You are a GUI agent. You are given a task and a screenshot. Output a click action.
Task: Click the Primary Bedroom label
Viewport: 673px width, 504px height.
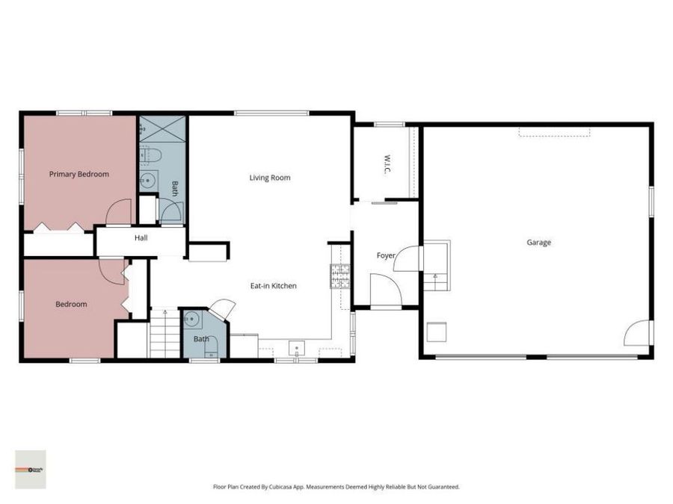tap(79, 174)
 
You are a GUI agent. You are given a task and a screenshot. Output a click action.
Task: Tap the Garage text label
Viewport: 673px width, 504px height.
tap(538, 242)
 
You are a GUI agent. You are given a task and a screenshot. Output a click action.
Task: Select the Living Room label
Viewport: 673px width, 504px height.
tap(269, 178)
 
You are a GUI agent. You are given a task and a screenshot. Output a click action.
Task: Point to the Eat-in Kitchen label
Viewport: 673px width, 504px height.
tap(273, 286)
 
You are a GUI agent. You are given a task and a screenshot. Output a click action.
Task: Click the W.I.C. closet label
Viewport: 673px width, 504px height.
tap(387, 165)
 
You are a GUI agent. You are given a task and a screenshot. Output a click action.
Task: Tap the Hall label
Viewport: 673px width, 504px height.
tap(141, 238)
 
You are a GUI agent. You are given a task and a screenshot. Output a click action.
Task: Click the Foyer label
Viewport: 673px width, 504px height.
tap(385, 255)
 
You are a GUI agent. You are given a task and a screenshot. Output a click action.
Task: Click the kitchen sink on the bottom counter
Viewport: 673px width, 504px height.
tap(297, 349)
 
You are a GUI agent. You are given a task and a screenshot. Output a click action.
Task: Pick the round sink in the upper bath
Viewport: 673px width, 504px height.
tap(149, 179)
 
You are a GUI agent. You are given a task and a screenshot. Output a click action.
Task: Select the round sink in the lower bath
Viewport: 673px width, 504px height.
tap(193, 320)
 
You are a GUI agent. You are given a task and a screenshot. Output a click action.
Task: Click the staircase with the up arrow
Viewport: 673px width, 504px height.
tap(164, 333)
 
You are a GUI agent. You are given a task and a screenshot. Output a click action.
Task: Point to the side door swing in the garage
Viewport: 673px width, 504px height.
tap(636, 333)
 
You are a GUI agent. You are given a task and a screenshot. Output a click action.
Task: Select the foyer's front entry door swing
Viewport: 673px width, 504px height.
tap(386, 290)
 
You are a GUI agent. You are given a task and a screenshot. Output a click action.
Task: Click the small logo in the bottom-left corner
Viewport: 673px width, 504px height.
tap(31, 469)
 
